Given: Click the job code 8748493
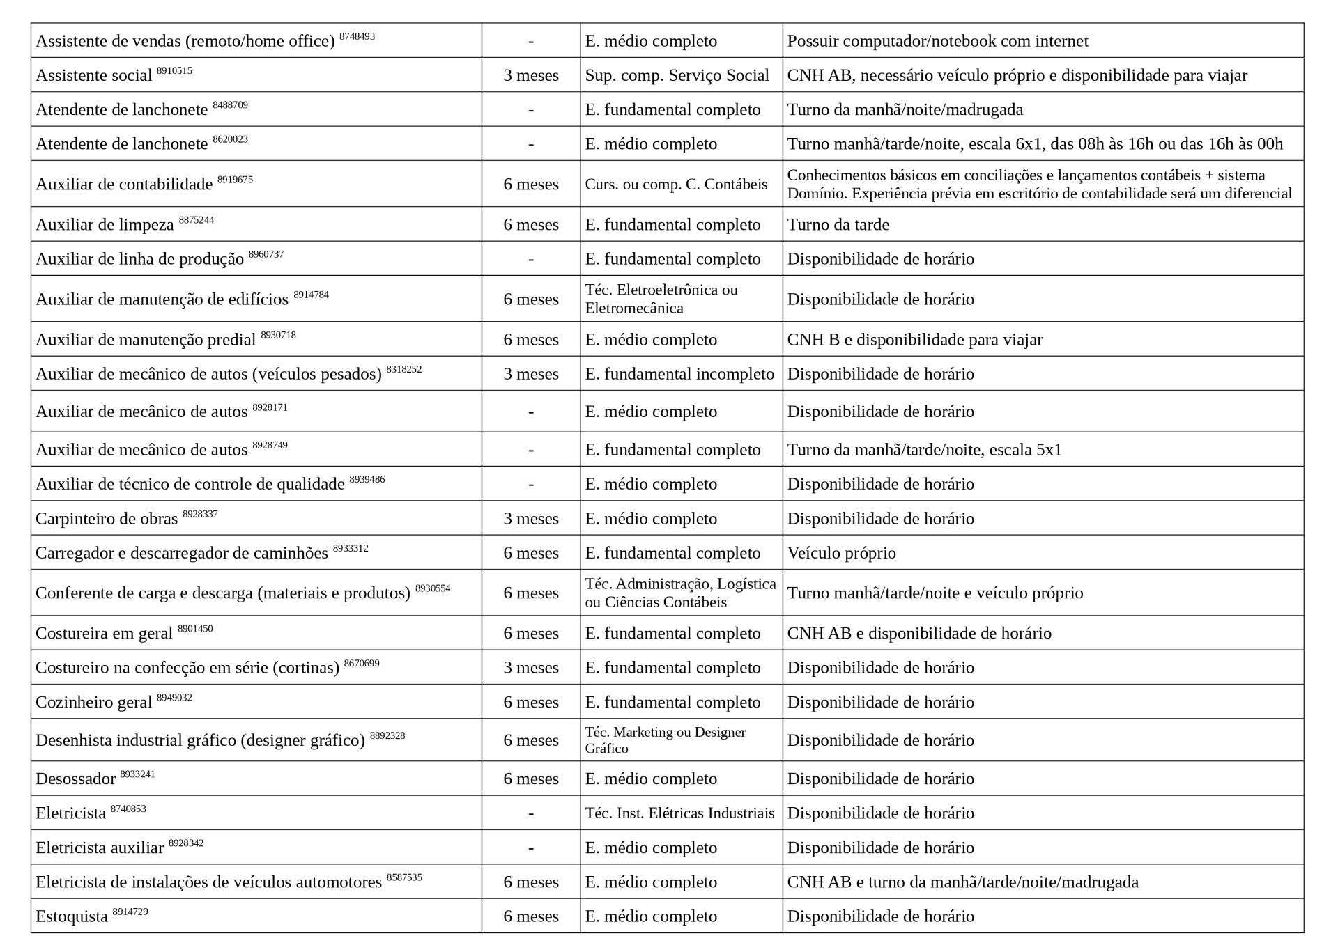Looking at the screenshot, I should [x=357, y=36].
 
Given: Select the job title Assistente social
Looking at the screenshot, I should [x=93, y=75].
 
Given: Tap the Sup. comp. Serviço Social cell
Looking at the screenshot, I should [x=677, y=75].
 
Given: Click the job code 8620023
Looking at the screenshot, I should [x=230, y=139].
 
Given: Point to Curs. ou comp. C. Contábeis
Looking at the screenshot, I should [x=676, y=184].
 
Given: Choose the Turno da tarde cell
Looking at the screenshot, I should [x=838, y=224].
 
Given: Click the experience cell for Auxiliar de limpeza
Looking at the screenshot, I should [x=531, y=224].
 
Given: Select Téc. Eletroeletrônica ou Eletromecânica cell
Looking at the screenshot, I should [x=661, y=299].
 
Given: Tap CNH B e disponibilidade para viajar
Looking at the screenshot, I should [x=914, y=339].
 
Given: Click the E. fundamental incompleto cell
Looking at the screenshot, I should [x=679, y=374].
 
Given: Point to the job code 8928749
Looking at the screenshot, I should [x=270, y=445].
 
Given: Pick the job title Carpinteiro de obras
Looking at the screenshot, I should [x=107, y=519].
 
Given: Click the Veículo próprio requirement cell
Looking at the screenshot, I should [x=841, y=553].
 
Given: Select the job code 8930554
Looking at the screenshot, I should [x=433, y=588].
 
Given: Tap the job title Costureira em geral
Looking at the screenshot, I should [x=104, y=634].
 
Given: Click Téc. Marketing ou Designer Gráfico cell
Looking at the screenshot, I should [x=665, y=740].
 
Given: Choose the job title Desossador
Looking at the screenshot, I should [x=75, y=779].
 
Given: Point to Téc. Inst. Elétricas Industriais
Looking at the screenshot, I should [x=679, y=813].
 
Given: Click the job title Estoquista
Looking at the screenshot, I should [x=72, y=916].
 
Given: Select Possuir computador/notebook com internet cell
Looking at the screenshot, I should [x=937, y=41].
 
